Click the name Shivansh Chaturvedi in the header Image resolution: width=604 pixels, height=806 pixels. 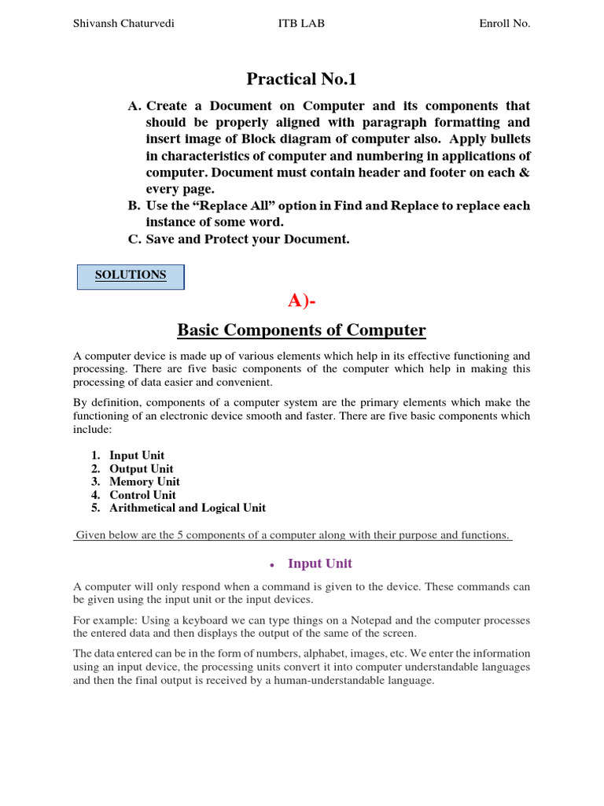pyautogui.click(x=123, y=24)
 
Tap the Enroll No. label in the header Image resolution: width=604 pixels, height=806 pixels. pyautogui.click(x=504, y=24)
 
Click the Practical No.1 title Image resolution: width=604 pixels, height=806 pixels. pyautogui.click(x=301, y=79)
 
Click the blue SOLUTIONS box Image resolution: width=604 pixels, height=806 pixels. pyautogui.click(x=131, y=275)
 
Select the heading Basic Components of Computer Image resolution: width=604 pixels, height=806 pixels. pyautogui.click(x=301, y=331)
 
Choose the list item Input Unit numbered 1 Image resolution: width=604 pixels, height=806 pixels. pyautogui.click(x=137, y=455)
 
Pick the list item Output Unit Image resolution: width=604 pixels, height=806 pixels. pyautogui.click(x=142, y=468)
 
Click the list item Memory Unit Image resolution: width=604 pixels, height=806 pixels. pyautogui.click(x=145, y=482)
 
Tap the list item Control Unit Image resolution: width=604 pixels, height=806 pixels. pyautogui.click(x=142, y=495)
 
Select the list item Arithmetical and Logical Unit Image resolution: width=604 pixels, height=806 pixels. pyautogui.click(x=187, y=508)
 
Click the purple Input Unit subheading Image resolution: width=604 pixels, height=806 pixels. pyautogui.click(x=319, y=564)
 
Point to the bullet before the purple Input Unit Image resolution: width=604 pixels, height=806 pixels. pyautogui.click(x=271, y=565)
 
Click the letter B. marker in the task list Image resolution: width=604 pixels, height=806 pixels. pyautogui.click(x=134, y=206)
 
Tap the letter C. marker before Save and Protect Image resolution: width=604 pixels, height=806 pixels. pyautogui.click(x=134, y=239)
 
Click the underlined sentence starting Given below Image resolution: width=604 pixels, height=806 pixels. pyautogui.click(x=293, y=535)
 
